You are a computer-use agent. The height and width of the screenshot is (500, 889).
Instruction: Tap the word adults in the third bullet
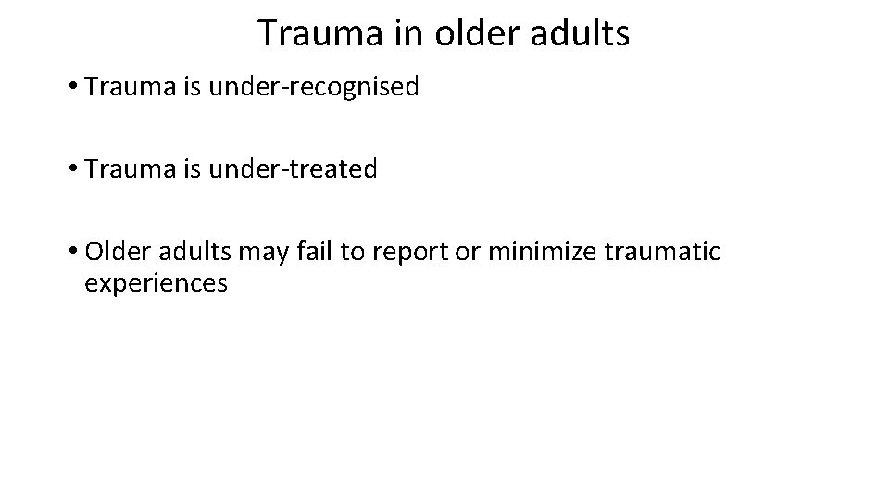click(x=188, y=252)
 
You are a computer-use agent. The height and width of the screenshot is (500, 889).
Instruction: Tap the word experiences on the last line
click(x=156, y=283)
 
